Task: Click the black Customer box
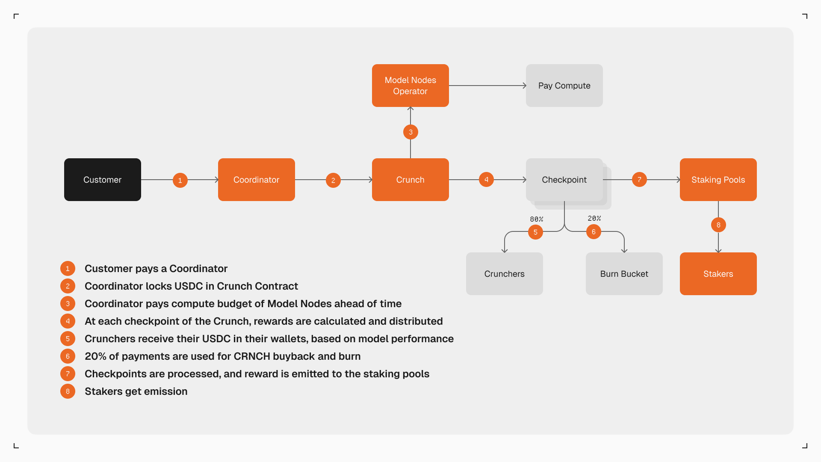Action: pos(103,180)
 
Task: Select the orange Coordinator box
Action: pos(257,180)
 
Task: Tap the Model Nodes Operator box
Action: pos(410,86)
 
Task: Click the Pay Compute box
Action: pos(564,86)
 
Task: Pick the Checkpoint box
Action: pos(564,180)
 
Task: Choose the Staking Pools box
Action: pos(718,180)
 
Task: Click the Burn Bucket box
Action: pos(624,274)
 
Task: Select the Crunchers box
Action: pos(505,274)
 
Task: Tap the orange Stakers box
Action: pos(718,274)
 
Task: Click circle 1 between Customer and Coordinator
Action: pos(180,180)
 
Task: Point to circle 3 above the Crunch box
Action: pos(410,132)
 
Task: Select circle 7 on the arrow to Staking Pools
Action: pos(639,180)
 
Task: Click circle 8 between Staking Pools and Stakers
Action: pos(718,225)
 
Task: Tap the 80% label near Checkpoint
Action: pos(536,219)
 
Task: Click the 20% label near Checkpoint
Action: pos(594,218)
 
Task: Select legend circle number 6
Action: pos(68,356)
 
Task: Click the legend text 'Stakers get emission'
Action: pos(136,391)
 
